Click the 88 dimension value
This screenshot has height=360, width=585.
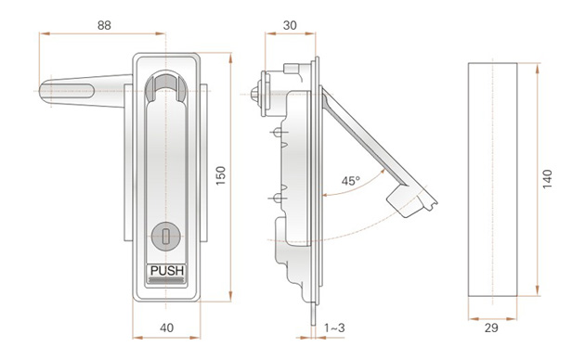pyautogui.click(x=104, y=25)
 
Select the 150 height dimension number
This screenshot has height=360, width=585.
pyautogui.click(x=221, y=175)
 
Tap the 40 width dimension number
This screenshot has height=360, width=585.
pyautogui.click(x=167, y=328)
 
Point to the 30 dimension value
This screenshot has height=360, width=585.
pyautogui.click(x=290, y=25)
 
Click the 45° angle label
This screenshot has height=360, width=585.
pyautogui.click(x=351, y=181)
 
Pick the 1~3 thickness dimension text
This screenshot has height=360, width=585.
pyautogui.click(x=334, y=328)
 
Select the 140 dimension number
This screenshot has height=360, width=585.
pyautogui.click(x=547, y=179)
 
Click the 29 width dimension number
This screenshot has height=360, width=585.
pyautogui.click(x=491, y=328)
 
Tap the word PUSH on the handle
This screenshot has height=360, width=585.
pyautogui.click(x=167, y=271)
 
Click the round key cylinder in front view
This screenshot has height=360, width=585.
pyautogui.click(x=166, y=236)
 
